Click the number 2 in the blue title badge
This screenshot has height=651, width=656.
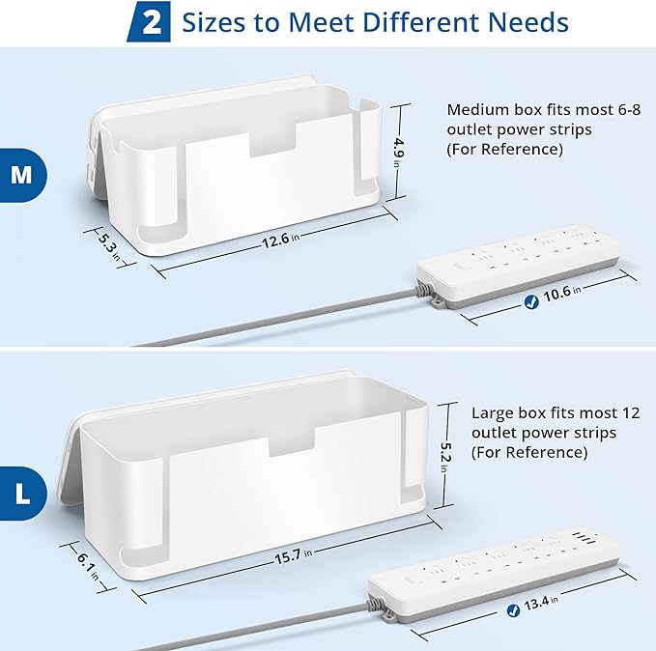152,23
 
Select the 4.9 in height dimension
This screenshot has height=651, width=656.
396,153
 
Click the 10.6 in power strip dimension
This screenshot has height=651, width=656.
561,296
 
